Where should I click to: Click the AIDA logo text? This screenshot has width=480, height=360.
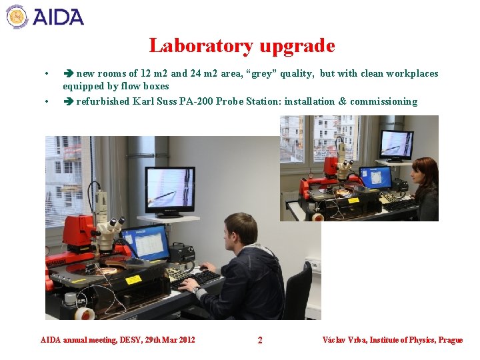tap(58, 16)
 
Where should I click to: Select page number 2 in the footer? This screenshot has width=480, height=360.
tap(260, 340)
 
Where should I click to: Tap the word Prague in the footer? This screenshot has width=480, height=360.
tap(451, 340)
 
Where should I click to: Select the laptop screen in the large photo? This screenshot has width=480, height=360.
tap(145, 241)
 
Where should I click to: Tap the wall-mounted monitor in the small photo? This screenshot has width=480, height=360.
tap(396, 143)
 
